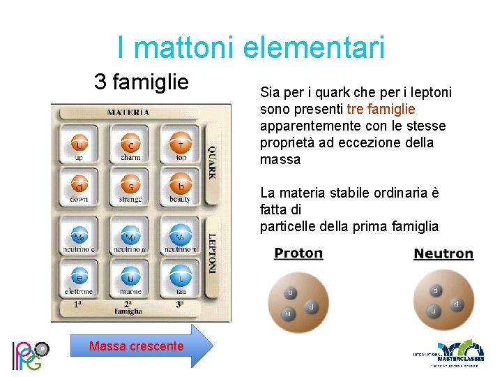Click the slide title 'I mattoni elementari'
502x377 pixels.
(251, 47)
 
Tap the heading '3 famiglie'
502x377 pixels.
(142, 82)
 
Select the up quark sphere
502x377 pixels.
(79, 144)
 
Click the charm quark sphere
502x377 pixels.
(130, 144)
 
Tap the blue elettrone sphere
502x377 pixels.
(79, 276)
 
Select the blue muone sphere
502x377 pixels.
(130, 276)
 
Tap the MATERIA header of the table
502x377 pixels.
(128, 112)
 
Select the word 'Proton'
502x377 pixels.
(298, 253)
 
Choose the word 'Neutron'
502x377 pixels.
(443, 253)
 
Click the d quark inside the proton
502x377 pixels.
(311, 306)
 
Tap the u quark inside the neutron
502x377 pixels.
(433, 310)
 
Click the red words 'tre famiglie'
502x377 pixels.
(381, 109)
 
